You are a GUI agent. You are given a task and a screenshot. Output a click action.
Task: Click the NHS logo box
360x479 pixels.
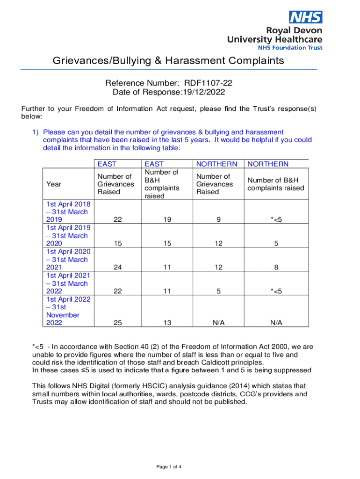click(x=306, y=17)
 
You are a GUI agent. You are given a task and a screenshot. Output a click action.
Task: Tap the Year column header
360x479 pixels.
click(x=54, y=184)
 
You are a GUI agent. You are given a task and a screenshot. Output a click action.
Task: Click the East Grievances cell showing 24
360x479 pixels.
click(x=118, y=268)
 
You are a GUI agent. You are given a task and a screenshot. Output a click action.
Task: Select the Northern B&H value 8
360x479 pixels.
click(x=276, y=268)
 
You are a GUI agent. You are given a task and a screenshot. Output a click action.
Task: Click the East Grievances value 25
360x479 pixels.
click(x=118, y=323)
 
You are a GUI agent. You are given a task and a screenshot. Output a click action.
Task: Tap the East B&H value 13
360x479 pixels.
click(x=167, y=323)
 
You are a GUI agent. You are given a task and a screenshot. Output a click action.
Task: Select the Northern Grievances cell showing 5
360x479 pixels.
click(x=218, y=291)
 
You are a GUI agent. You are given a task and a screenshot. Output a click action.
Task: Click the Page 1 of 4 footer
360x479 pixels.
click(x=169, y=467)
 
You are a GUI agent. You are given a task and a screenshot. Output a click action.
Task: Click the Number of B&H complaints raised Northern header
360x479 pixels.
click(x=276, y=184)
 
